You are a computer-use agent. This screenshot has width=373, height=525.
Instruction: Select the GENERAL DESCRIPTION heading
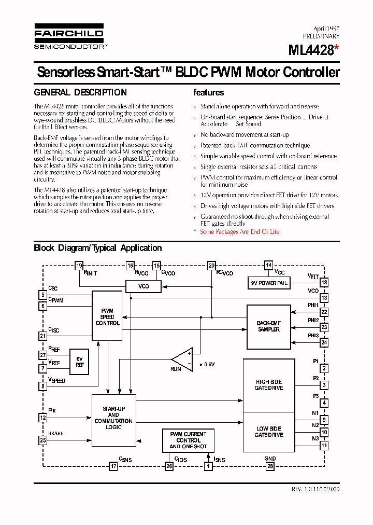pyautogui.click(x=80, y=93)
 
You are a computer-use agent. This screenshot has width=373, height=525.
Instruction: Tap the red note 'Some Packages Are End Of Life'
pyautogui.click(x=239, y=232)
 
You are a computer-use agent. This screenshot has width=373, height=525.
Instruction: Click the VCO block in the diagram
pyautogui.click(x=144, y=286)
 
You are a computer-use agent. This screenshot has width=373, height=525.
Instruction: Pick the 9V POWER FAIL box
pyautogui.click(x=268, y=283)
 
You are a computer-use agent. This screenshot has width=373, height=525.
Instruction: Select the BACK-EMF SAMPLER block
pyautogui.click(x=268, y=326)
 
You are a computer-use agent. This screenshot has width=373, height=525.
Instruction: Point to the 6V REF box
pyautogui.click(x=79, y=362)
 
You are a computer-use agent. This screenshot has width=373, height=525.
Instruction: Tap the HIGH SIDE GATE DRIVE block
pyautogui.click(x=268, y=385)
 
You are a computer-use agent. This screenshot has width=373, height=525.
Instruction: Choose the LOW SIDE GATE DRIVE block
pyautogui.click(x=268, y=432)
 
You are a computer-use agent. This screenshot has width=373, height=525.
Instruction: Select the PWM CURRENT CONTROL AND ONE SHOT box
pyautogui.click(x=188, y=440)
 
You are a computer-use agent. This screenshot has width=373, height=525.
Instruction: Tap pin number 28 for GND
pyautogui.click(x=269, y=466)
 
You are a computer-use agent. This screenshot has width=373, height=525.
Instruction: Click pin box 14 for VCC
pyautogui.click(x=268, y=266)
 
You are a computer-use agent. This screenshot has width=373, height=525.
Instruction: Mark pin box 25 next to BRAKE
pyautogui.click(x=42, y=440)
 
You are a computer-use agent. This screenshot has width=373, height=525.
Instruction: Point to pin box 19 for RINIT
pyautogui.click(x=79, y=266)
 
